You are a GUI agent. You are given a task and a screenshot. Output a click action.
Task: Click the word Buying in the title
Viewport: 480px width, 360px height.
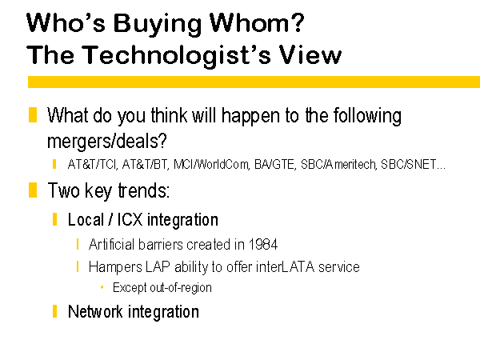click(x=158, y=25)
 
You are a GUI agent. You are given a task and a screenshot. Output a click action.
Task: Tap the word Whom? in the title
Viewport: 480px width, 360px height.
click(x=257, y=22)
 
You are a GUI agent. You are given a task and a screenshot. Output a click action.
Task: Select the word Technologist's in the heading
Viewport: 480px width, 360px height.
click(x=176, y=56)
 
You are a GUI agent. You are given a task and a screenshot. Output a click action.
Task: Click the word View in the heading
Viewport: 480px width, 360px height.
click(x=310, y=54)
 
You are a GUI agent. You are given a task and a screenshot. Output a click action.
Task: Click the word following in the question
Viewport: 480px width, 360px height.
click(x=367, y=117)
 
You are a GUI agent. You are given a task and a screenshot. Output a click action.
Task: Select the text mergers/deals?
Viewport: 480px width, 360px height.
click(x=107, y=142)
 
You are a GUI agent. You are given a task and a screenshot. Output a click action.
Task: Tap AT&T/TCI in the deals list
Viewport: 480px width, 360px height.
click(x=93, y=165)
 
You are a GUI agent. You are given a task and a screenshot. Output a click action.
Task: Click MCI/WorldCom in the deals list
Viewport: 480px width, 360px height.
click(x=211, y=165)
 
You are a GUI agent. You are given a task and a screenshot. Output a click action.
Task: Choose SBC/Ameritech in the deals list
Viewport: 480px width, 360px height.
click(x=338, y=165)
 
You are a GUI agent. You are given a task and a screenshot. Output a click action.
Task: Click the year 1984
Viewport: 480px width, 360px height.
click(x=263, y=245)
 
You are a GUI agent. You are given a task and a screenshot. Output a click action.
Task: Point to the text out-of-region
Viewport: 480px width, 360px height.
click(x=181, y=288)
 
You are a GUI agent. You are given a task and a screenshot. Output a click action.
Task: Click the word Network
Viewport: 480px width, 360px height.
click(x=95, y=312)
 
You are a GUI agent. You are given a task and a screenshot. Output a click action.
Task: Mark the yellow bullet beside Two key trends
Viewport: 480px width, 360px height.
click(x=33, y=190)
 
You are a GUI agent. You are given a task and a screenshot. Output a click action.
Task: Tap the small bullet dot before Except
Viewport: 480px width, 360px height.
click(x=102, y=287)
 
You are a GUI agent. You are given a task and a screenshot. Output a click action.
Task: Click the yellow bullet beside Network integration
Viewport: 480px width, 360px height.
click(x=54, y=311)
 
